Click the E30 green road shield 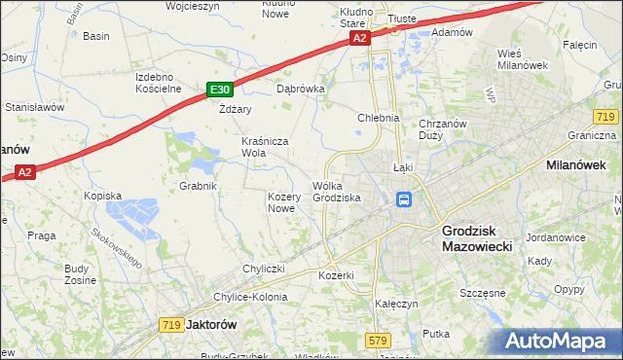point(219,90)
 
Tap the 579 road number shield point(380,340)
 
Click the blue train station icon point(403,200)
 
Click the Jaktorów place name point(214,324)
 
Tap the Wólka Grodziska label point(337,192)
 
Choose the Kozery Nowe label point(281,202)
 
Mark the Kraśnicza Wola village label point(266,147)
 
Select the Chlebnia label point(379,119)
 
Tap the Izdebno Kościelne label point(159,83)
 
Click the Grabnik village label point(198,185)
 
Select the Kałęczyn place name point(396,304)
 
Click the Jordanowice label point(555,237)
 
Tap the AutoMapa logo point(558,342)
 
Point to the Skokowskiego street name point(116,249)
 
